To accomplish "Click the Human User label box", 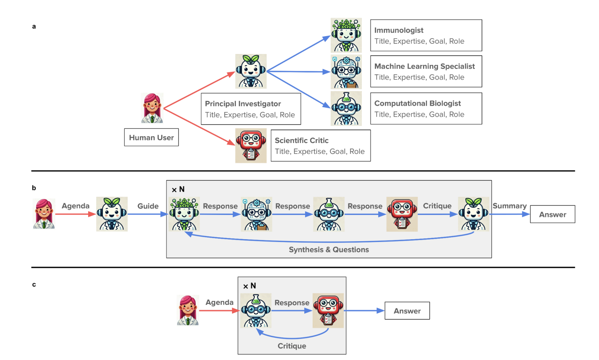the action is pyautogui.click(x=151, y=137).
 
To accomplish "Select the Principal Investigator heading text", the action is pyautogui.click(x=243, y=104).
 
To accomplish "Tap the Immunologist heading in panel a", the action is pyautogui.click(x=399, y=30).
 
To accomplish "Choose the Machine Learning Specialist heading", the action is pyautogui.click(x=424, y=66).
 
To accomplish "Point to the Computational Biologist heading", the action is pyautogui.click(x=417, y=103).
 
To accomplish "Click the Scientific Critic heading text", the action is pyautogui.click(x=301, y=140).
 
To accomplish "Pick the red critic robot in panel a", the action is pyautogui.click(x=251, y=145).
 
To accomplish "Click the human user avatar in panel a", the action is pyautogui.click(x=152, y=108).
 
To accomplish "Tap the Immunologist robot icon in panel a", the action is pyautogui.click(x=346, y=35).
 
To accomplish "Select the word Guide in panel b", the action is pyautogui.click(x=148, y=206).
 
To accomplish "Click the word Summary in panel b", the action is pyautogui.click(x=509, y=206).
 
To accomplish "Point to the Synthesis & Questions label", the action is pyautogui.click(x=328, y=250).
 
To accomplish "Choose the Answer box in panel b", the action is pyautogui.click(x=553, y=214).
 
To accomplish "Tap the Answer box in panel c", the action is pyautogui.click(x=407, y=310).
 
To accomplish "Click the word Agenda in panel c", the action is pyautogui.click(x=219, y=302).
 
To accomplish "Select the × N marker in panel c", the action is pyautogui.click(x=249, y=286).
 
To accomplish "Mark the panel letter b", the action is pyautogui.click(x=34, y=188).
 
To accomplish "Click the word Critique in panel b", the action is pyautogui.click(x=437, y=206).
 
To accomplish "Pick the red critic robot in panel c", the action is pyautogui.click(x=328, y=310).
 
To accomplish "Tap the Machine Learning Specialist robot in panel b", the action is pyautogui.click(x=257, y=214).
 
